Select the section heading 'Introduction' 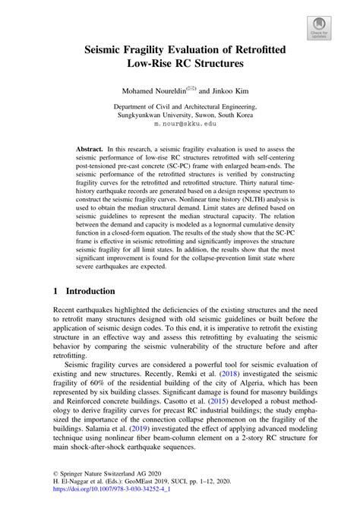90,291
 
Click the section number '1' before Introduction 56,291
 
